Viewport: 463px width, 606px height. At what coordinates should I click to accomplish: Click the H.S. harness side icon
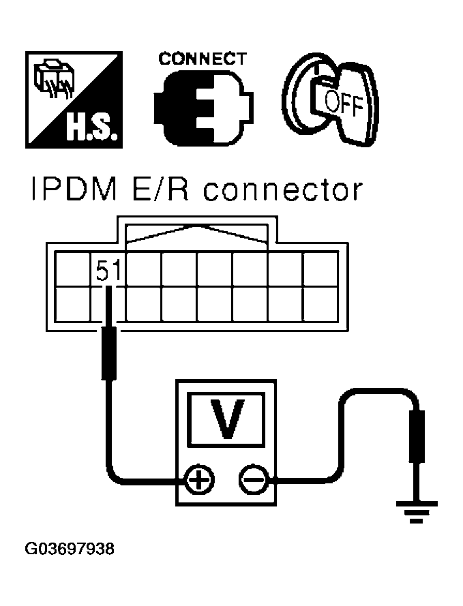coord(74,100)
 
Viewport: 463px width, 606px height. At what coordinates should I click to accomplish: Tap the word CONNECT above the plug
coord(202,59)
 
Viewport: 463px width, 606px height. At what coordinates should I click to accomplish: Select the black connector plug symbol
coord(204,109)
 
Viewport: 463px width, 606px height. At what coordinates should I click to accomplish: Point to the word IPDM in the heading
coord(74,190)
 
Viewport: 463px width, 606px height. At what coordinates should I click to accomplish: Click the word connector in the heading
coord(282,190)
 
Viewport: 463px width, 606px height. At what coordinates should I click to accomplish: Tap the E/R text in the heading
coord(160,190)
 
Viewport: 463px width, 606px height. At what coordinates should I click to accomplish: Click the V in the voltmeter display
coord(227,419)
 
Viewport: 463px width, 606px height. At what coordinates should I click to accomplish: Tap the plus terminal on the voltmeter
coord(200,481)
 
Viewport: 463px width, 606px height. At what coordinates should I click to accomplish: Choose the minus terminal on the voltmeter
coord(254,481)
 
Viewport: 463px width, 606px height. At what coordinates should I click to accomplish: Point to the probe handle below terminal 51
coord(108,353)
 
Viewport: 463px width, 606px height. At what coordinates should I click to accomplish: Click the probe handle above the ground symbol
coord(417,436)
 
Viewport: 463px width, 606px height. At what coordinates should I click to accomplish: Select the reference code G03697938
coord(70,549)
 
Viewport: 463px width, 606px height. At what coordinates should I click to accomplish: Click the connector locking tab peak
coord(197,227)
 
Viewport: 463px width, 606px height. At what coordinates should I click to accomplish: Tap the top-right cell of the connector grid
coord(320,269)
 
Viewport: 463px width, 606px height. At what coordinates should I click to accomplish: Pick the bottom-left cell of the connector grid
coord(73,304)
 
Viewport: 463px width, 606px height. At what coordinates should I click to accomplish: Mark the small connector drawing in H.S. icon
coord(53,79)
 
